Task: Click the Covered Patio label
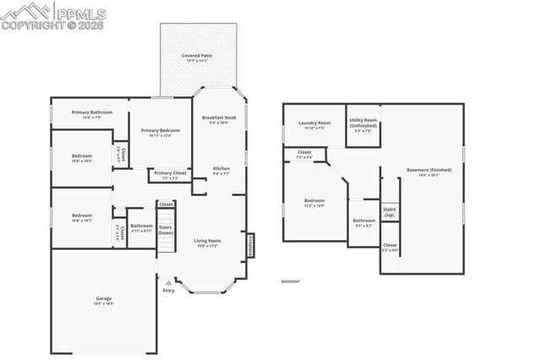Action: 197,55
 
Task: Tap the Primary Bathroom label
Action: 92,112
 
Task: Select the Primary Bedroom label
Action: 161,130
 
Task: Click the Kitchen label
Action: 221,168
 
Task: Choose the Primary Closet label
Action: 170,173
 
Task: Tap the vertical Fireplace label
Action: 250,244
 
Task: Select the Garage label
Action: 103,299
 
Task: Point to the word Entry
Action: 169,291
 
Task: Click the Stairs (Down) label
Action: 167,229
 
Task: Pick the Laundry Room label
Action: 314,123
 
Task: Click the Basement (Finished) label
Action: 429,170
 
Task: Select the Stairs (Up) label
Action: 390,211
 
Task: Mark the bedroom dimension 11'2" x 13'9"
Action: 314,206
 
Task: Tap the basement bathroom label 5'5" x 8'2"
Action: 364,225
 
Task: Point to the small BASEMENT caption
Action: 290,281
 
